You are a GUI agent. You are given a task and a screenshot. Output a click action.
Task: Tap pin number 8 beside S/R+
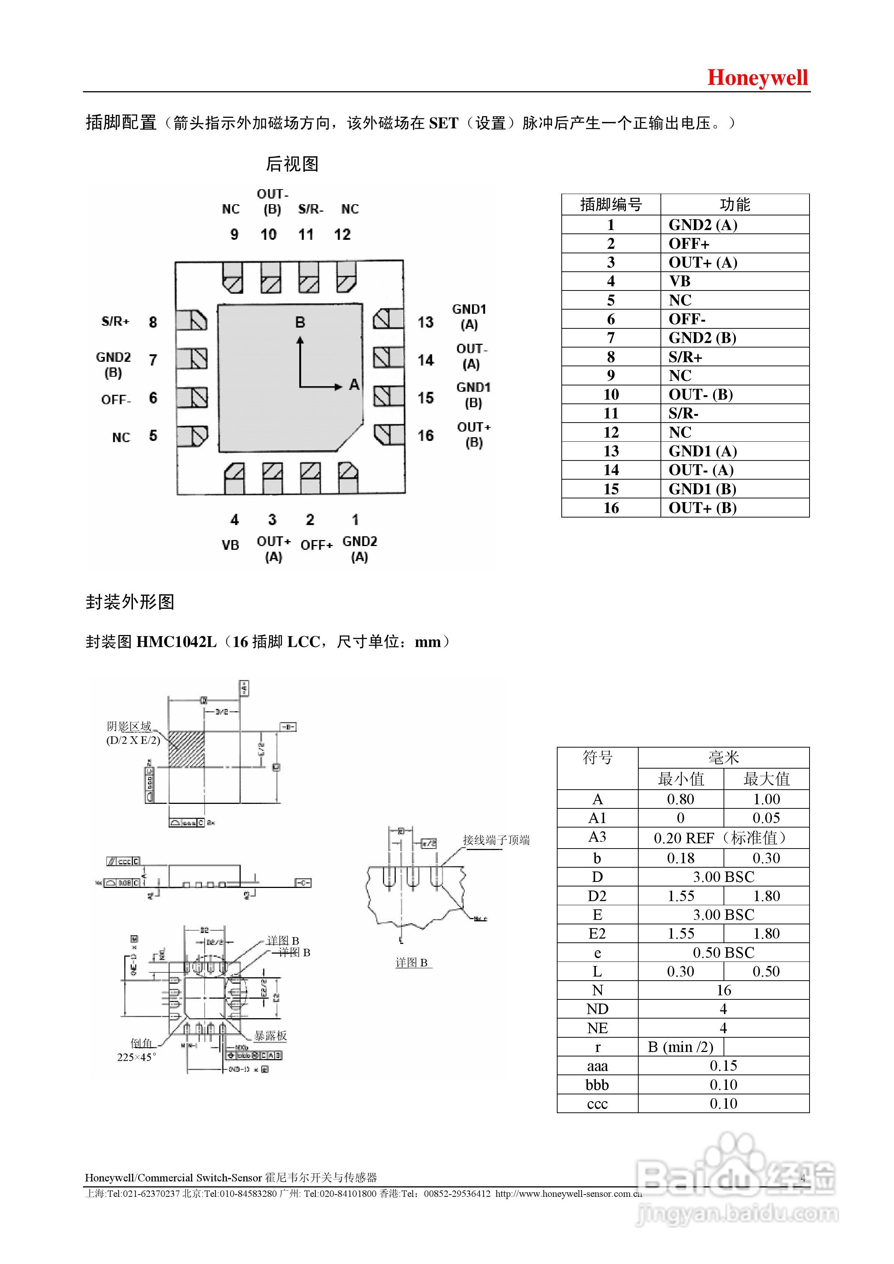click(x=153, y=322)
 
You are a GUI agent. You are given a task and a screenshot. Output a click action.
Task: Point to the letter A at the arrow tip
click(x=354, y=384)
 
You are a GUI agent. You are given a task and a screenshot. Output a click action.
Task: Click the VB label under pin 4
click(x=230, y=545)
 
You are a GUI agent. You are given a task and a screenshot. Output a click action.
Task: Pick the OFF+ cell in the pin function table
click(x=689, y=243)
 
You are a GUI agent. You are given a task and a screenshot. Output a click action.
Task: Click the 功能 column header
click(x=735, y=204)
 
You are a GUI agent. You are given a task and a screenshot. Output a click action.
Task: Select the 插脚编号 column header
click(x=611, y=204)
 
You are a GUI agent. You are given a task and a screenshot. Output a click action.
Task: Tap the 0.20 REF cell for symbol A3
click(x=723, y=838)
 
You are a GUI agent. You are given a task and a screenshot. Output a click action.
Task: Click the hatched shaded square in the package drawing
click(x=186, y=749)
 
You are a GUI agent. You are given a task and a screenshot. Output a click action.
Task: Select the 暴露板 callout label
click(x=270, y=1035)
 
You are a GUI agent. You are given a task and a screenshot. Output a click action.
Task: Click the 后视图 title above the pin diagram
click(x=292, y=164)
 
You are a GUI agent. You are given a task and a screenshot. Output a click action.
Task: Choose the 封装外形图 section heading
click(x=130, y=602)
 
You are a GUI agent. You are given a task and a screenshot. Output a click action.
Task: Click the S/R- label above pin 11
click(x=311, y=209)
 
